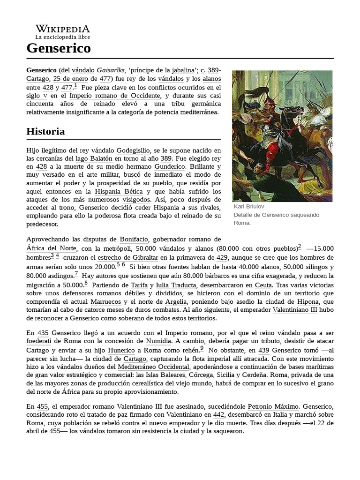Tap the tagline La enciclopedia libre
62,37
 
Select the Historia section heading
45,131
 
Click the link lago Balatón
95,158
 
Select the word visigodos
139,199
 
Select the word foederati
38,341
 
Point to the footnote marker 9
202,348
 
